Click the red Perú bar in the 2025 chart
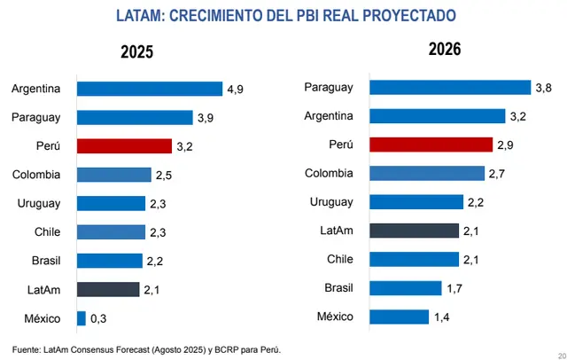pos(124,146)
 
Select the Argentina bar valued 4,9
pos(149,89)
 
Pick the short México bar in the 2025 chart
pos(82,317)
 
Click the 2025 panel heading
pos(137,52)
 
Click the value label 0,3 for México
pos(98,317)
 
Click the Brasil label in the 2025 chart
pos(43,261)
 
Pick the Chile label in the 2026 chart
pos(336,259)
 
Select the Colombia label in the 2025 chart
pos(36,175)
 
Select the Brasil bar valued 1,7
pos(405,288)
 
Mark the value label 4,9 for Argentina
pos(236,89)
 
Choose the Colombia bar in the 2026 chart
pos(427,173)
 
